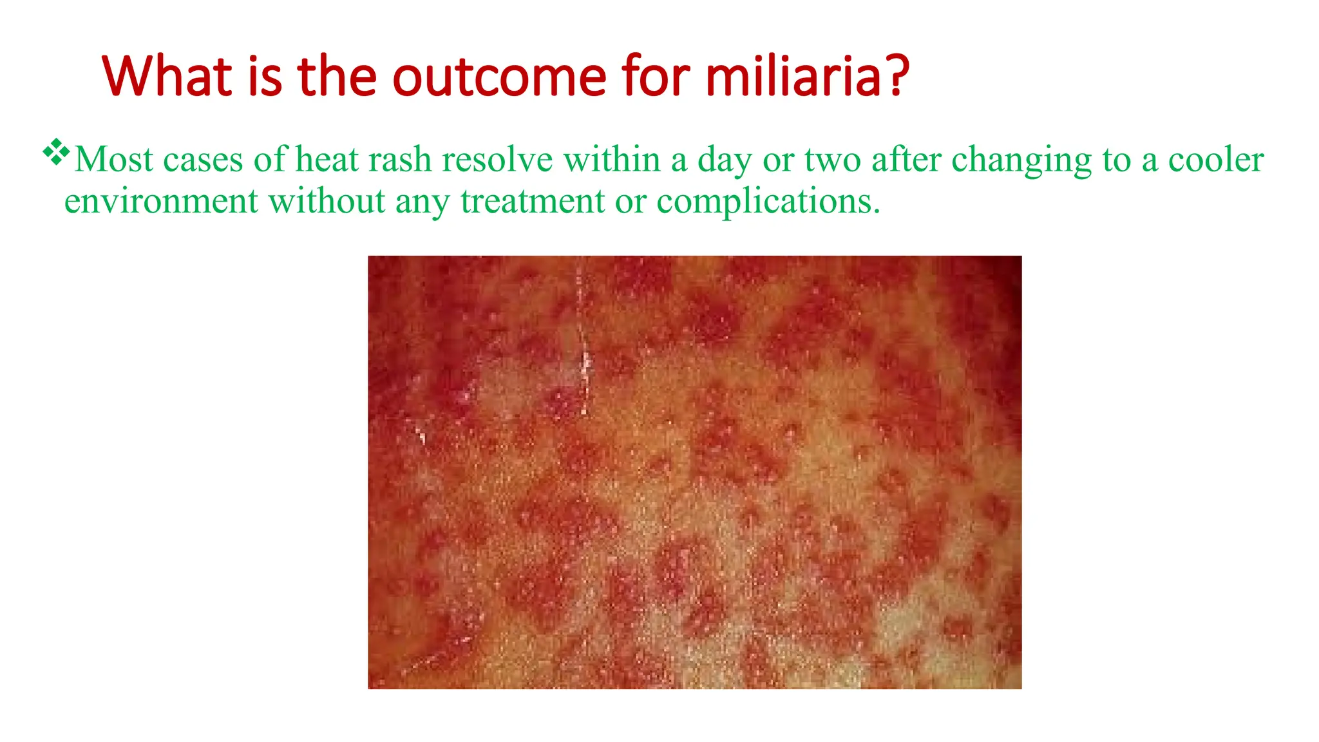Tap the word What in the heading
(166, 77)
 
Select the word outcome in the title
(499, 77)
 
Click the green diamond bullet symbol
(56, 152)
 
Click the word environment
(161, 202)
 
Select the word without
(327, 202)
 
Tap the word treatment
(532, 202)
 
